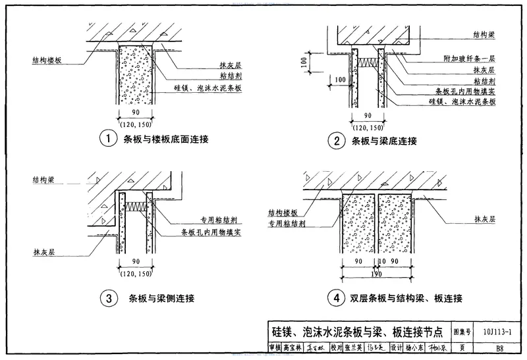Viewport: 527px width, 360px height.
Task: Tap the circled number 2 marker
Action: point(337,140)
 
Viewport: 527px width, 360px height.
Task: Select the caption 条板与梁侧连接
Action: point(162,299)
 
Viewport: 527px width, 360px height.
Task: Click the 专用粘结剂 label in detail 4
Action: point(285,224)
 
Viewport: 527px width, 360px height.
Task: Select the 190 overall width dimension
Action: point(376,275)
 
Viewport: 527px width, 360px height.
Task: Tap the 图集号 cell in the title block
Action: point(462,332)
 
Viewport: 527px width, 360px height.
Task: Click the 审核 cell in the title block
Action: point(274,347)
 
